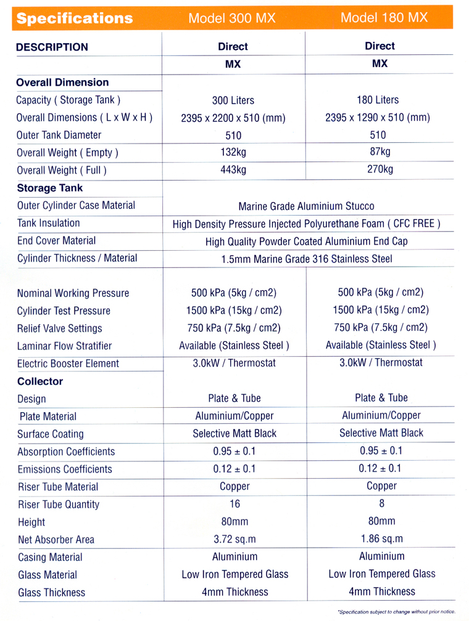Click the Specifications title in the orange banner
pos(75,18)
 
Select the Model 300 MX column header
pos(232,18)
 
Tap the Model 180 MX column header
pos(384,17)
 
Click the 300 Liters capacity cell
pos(233,100)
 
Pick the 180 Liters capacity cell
pos(378,100)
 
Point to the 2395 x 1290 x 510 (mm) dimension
pos(378,118)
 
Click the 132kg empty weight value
pos(233,153)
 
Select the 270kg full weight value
pos(379,169)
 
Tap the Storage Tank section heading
pos(49,188)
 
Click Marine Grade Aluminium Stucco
pos(306,206)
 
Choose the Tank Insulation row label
pos(49,223)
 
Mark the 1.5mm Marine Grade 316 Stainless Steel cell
pos(306,259)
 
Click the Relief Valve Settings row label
pos(60,328)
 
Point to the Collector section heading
pos(40,381)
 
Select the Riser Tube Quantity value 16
pos(234,504)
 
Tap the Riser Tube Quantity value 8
pos(381,503)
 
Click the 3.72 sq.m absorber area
pos(234,539)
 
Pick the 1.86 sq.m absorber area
pos(381,538)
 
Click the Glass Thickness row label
pos(52,593)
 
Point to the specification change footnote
pos(396,611)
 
